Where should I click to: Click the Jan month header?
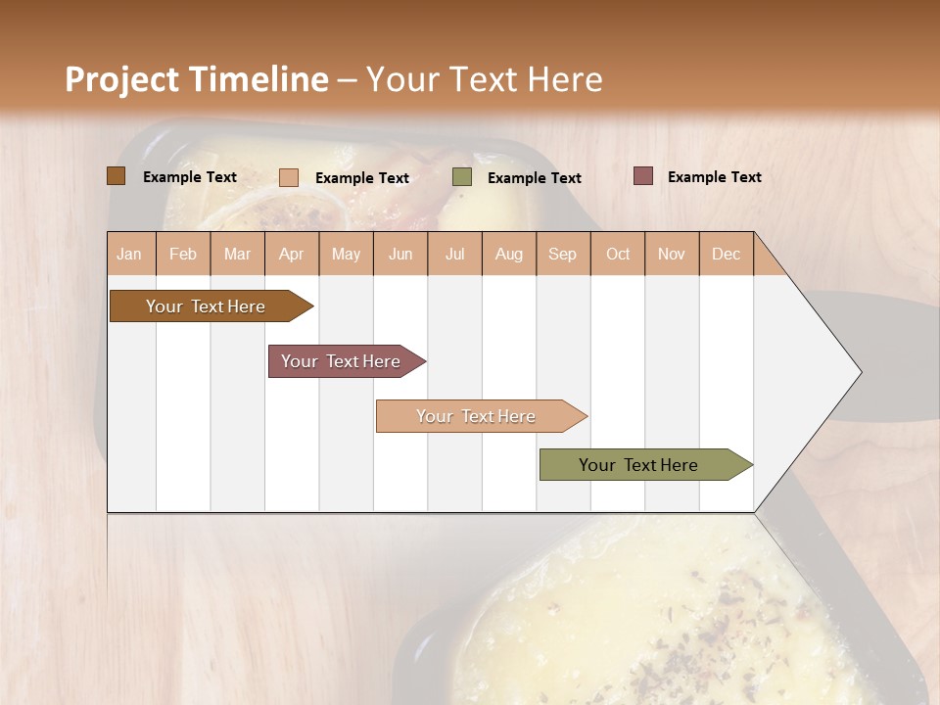tap(129, 254)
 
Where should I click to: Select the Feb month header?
tap(183, 254)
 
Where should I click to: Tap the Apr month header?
tap(292, 254)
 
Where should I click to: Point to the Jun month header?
tap(400, 254)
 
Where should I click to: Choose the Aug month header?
tap(509, 254)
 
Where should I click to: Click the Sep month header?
tap(562, 254)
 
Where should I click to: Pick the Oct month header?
tap(618, 254)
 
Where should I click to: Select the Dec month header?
tap(726, 254)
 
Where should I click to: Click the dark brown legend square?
tap(116, 176)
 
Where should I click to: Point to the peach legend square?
tap(289, 177)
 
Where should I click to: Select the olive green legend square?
tap(462, 177)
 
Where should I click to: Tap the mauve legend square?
tap(642, 176)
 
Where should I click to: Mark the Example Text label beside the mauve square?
tap(714, 177)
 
